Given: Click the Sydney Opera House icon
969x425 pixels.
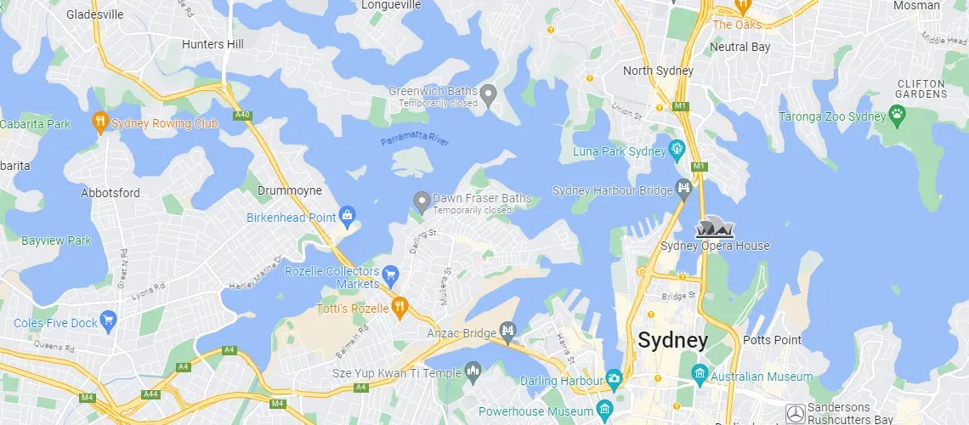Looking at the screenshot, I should tap(715, 228).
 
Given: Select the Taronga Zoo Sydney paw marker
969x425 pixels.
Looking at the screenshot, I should tap(897, 114).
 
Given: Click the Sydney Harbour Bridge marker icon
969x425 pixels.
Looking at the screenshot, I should tap(684, 188).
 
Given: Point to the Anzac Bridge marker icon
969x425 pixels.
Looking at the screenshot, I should tap(507, 331).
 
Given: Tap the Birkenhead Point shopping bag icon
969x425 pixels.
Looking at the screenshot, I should tap(347, 216).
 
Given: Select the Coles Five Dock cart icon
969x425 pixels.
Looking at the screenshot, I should tap(108, 321).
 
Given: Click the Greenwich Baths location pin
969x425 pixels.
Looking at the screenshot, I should tap(489, 93).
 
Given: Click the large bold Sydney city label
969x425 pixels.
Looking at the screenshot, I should tap(672, 341).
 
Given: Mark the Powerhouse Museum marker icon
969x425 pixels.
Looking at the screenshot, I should tap(604, 411).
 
